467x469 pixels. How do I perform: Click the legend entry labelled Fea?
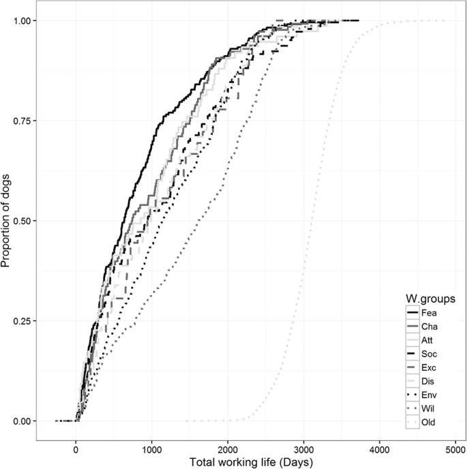point(428,314)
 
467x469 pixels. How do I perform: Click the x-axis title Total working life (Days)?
point(249,462)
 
